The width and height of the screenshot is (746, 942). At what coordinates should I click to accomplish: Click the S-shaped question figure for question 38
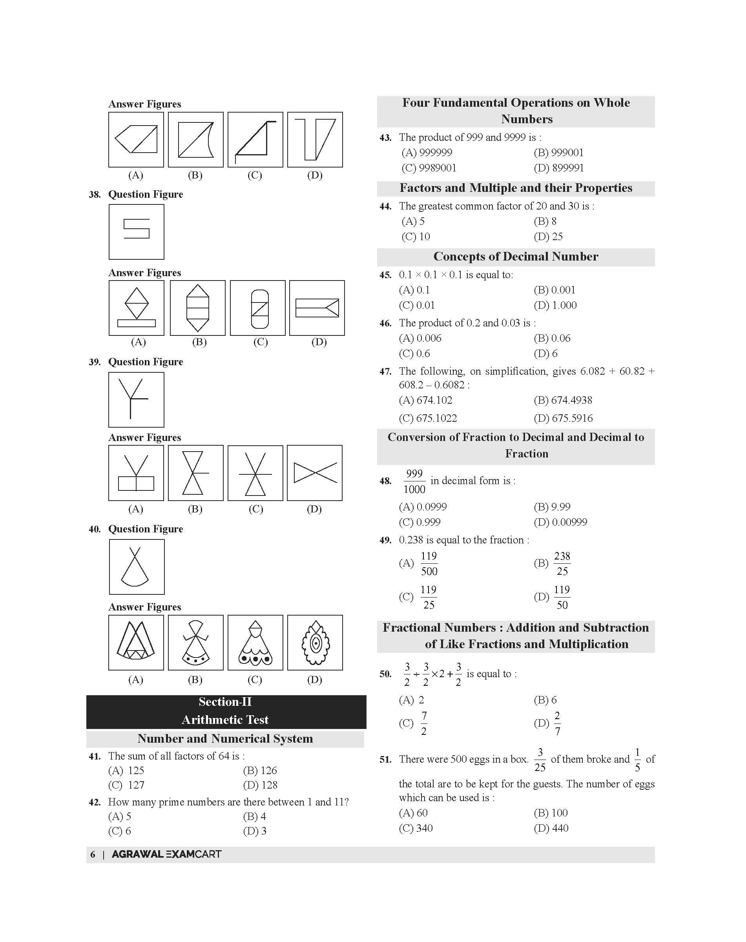coord(136,231)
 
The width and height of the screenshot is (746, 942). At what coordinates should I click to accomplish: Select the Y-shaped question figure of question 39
coord(136,400)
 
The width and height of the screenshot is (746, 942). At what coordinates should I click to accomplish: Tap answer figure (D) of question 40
coord(315,642)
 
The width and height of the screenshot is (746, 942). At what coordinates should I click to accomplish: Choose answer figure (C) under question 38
coord(258,308)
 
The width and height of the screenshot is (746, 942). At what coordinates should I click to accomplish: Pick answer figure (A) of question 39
coord(136,473)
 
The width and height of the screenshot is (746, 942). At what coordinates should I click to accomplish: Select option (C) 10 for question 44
coord(416,236)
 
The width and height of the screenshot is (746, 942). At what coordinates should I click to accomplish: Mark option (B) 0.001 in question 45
coord(554,290)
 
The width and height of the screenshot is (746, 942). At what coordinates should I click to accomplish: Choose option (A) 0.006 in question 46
coord(420,338)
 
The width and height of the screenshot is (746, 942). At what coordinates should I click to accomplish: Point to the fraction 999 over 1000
coord(414,481)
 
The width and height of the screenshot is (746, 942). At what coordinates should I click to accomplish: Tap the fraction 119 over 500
coord(429,563)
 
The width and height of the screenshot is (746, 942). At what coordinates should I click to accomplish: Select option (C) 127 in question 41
coord(126,785)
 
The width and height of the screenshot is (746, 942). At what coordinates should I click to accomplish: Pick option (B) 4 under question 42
coord(255,816)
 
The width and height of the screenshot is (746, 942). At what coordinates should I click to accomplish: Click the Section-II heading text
coord(225,702)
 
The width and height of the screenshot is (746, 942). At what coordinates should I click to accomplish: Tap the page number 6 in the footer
coord(93,854)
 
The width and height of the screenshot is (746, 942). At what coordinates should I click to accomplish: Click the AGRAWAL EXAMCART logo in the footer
coord(166,854)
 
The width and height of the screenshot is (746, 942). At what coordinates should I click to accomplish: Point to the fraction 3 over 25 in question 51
coord(540,760)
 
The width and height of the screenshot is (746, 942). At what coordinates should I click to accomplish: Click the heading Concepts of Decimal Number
coord(515,256)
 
